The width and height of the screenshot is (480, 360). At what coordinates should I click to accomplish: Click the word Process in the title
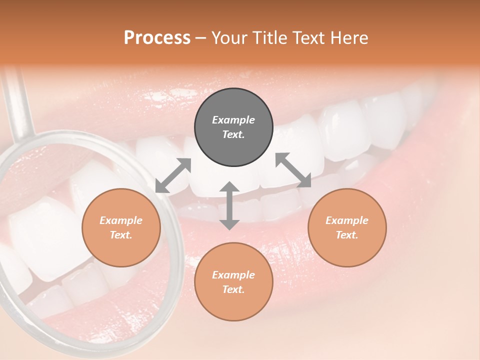[157, 38]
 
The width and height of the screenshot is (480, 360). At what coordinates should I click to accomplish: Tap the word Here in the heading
[349, 38]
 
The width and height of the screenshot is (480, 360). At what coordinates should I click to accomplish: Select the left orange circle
[121, 227]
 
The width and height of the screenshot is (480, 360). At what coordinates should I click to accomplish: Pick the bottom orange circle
[233, 282]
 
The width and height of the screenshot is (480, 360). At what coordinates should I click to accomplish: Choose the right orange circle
[347, 227]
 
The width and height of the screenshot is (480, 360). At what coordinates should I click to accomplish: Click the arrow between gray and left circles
[173, 175]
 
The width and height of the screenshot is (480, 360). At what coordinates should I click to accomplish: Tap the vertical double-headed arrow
[229, 205]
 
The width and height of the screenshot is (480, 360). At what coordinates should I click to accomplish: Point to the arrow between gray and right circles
[293, 170]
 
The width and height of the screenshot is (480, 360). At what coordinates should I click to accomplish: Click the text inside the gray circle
[233, 127]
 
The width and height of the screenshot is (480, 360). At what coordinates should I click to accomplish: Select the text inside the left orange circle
[121, 227]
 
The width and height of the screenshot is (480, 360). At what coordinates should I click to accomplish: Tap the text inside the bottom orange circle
[233, 282]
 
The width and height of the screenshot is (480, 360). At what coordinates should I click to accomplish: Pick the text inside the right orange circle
[347, 227]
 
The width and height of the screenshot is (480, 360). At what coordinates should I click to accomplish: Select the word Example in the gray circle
[233, 120]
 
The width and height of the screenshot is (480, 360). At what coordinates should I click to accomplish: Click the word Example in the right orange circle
[347, 220]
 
